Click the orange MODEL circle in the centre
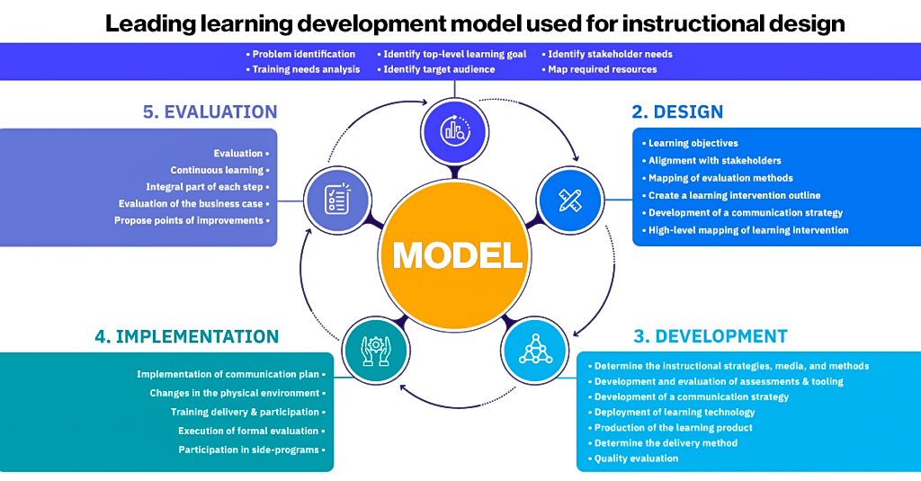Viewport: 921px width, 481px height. [458, 254]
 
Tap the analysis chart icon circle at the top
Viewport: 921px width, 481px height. [454, 129]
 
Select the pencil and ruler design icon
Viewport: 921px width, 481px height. [570, 200]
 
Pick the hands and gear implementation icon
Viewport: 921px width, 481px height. [375, 346]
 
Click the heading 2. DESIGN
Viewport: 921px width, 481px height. [677, 112]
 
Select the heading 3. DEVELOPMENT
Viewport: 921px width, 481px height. [710, 337]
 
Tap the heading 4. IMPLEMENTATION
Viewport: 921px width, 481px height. [186, 337]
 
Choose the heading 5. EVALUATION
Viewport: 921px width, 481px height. [210, 112]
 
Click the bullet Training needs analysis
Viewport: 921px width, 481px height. [306, 69]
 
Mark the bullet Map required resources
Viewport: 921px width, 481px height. [603, 69]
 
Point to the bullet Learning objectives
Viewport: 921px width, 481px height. [693, 143]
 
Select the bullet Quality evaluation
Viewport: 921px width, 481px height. [636, 459]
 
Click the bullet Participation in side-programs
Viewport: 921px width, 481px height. [251, 450]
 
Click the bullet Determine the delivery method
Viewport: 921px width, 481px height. [666, 443]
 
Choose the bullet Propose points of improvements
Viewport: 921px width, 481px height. [189, 220]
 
